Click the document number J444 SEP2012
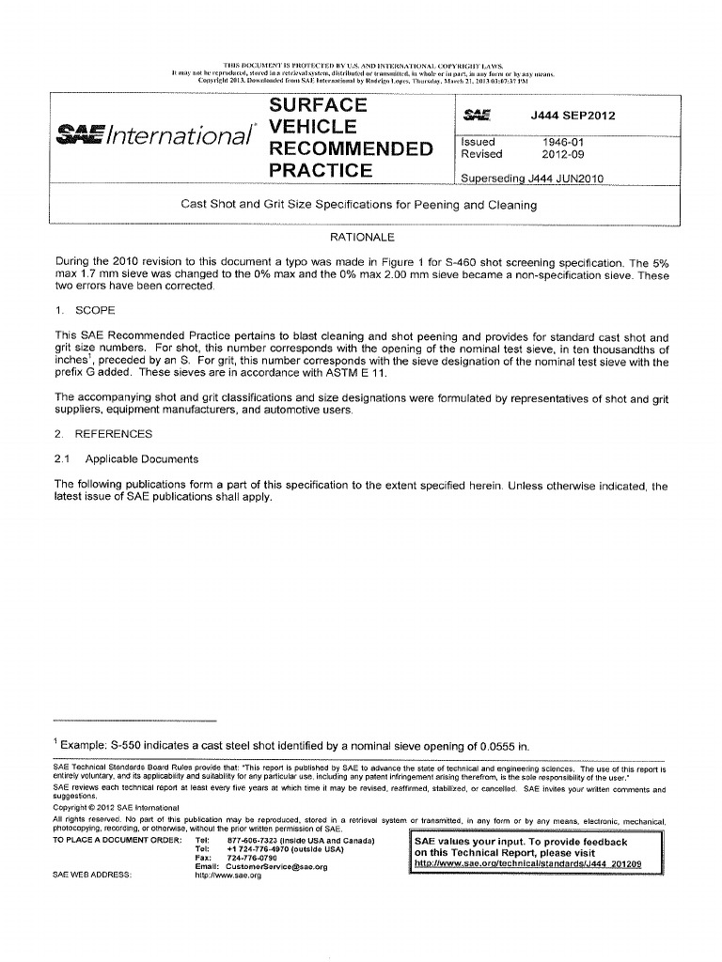tap(570, 116)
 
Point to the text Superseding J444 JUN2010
tap(531, 178)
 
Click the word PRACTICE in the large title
tap(322, 171)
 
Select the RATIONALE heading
tap(362, 238)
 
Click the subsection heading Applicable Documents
tap(141, 459)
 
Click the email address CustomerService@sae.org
tap(276, 867)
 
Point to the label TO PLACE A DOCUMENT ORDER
tap(116, 841)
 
